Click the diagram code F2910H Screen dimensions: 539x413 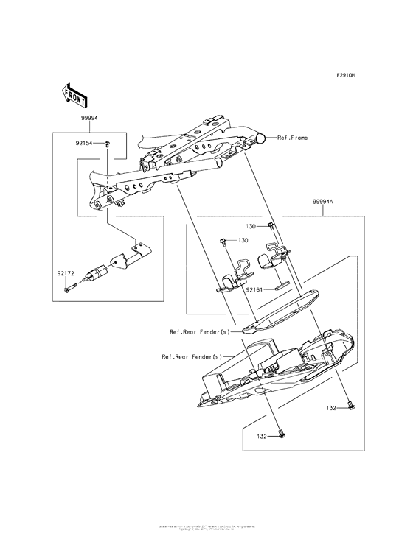346,75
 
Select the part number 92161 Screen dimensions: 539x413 255,290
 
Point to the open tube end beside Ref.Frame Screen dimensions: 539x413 263,138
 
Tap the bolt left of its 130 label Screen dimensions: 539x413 223,240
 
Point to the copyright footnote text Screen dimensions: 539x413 206,528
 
